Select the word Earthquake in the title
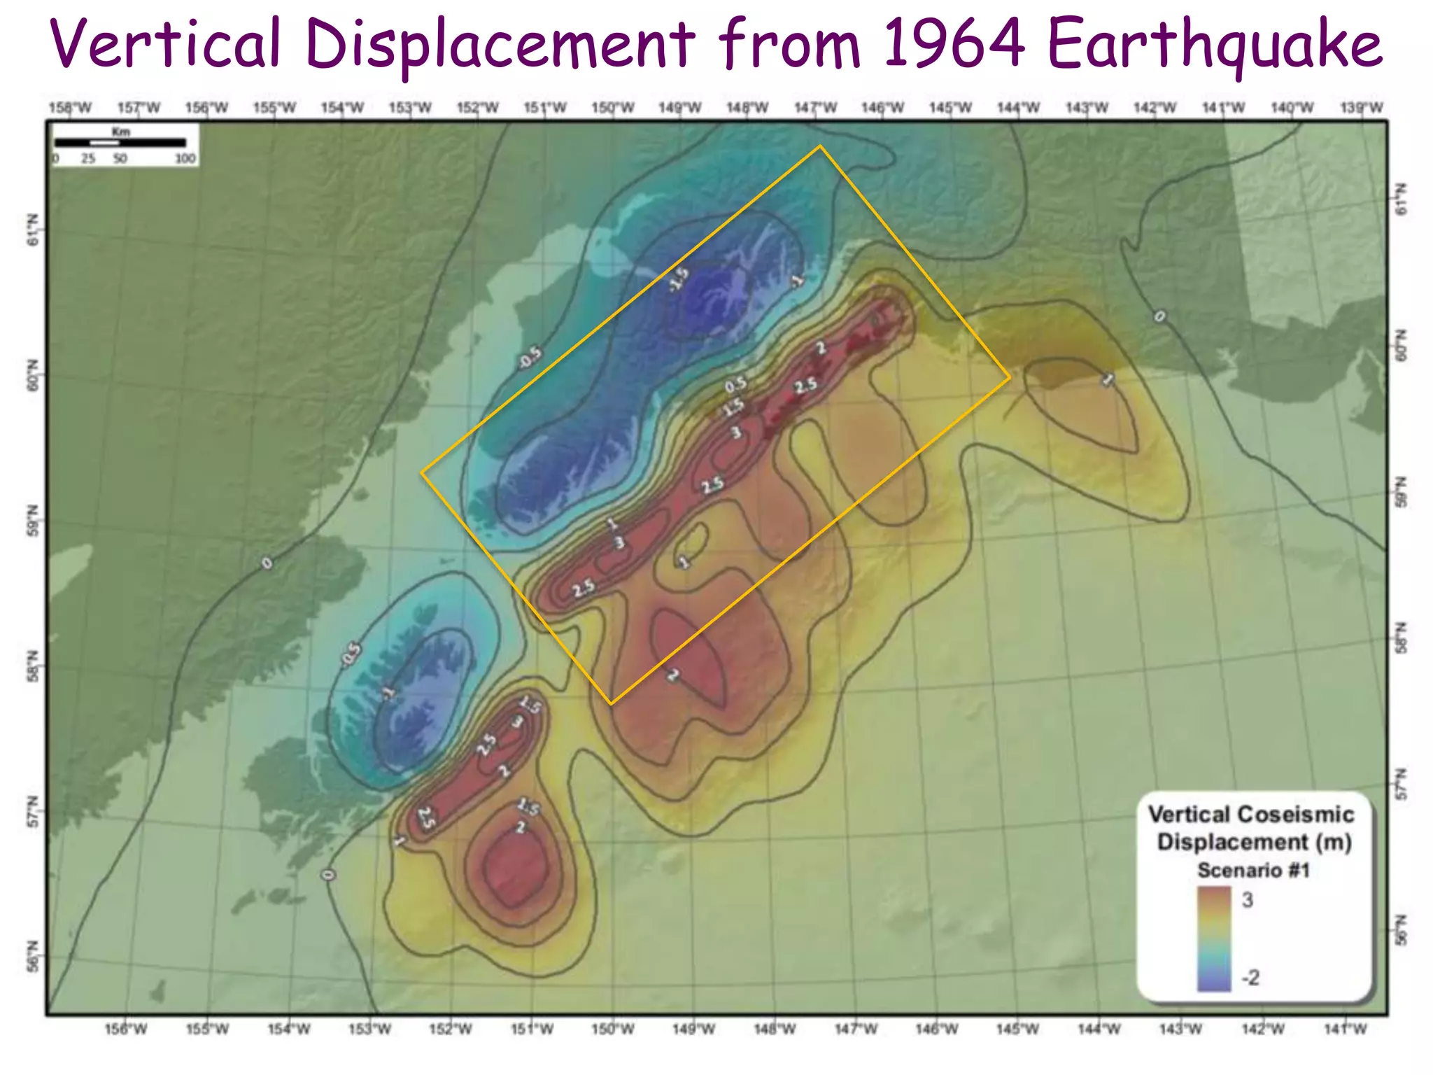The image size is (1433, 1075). point(1214,45)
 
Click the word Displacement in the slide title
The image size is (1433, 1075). point(500,45)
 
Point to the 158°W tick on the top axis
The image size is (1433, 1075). point(70,108)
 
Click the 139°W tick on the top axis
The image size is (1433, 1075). point(1362,108)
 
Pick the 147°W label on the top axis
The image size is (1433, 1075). point(815,108)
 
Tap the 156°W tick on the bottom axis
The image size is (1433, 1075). point(126,1029)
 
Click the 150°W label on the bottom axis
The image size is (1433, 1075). point(613,1029)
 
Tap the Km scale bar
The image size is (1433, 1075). point(120,142)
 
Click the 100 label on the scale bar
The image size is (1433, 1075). point(185,159)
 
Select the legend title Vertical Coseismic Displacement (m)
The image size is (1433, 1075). point(1253,827)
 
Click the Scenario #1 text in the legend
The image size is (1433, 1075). point(1253,870)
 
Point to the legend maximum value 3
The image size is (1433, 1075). point(1248,900)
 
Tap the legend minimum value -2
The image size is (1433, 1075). point(1250,977)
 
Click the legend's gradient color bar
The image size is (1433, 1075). point(1214,939)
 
